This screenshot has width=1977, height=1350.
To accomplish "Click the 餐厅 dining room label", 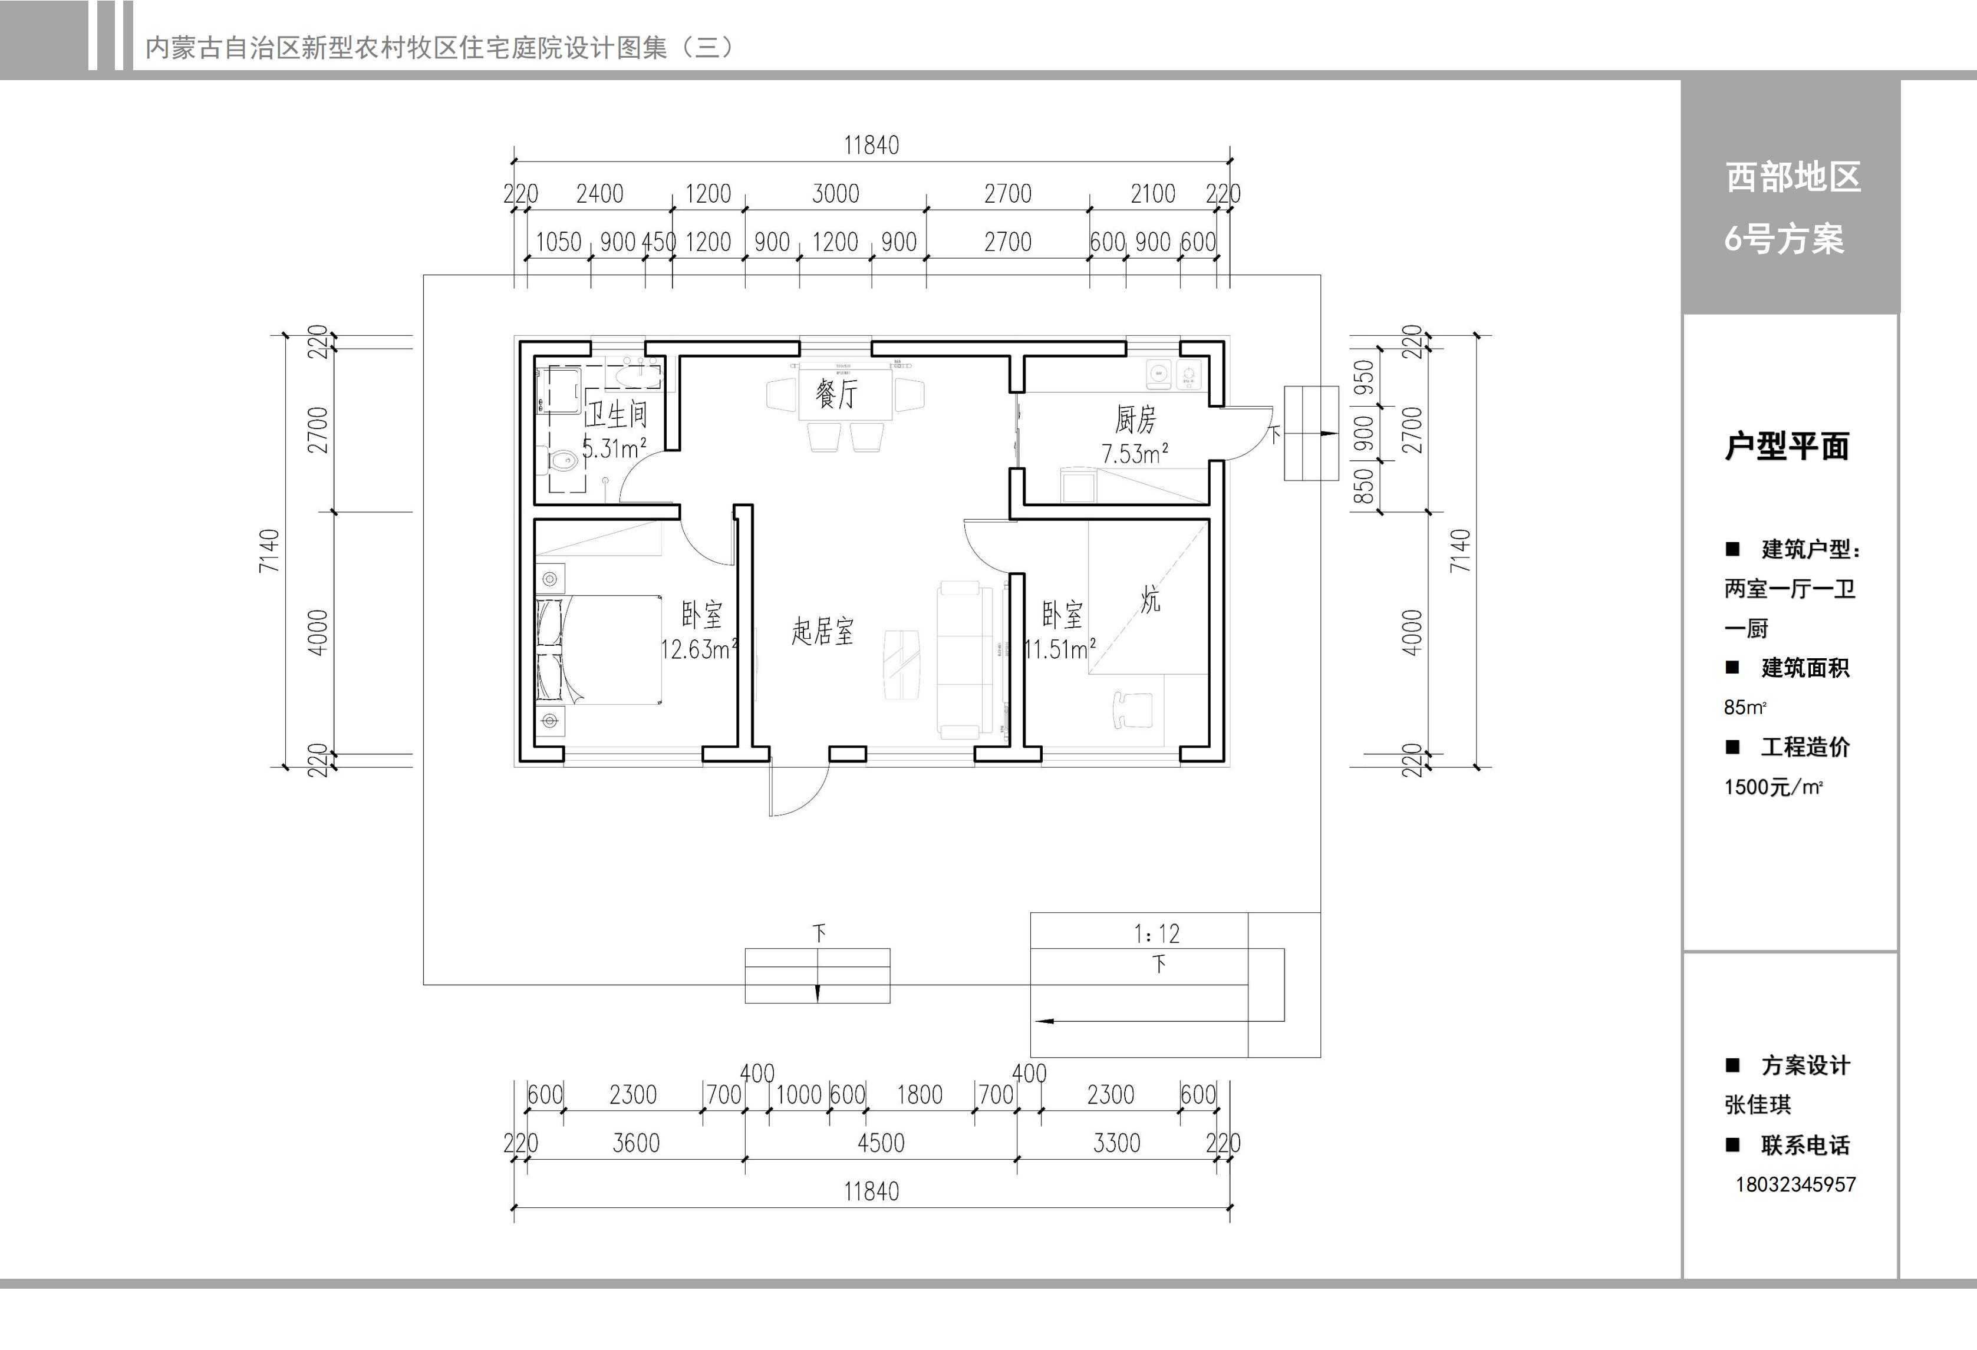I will [x=836, y=393].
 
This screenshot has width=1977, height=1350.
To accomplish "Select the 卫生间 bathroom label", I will [x=616, y=414].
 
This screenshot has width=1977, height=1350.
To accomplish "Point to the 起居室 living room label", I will [x=822, y=631].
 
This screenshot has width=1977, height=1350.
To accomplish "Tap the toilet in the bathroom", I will [x=562, y=462].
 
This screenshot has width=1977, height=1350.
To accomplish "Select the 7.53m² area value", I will [x=1135, y=453].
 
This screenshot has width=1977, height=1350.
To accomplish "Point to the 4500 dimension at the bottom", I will [x=881, y=1143].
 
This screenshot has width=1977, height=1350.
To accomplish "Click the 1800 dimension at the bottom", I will [x=920, y=1095].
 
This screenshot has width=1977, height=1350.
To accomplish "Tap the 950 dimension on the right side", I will [x=1363, y=377].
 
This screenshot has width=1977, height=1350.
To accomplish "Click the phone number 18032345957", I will [x=1795, y=1184].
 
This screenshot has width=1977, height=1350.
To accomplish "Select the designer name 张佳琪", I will [x=1758, y=1104].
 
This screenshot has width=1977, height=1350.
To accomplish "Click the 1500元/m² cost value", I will [x=1773, y=787].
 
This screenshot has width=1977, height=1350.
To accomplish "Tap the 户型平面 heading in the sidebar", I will [x=1787, y=445].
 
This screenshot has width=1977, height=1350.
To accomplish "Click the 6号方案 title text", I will [x=1784, y=239].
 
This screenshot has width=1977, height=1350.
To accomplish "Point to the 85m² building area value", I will [x=1745, y=707].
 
